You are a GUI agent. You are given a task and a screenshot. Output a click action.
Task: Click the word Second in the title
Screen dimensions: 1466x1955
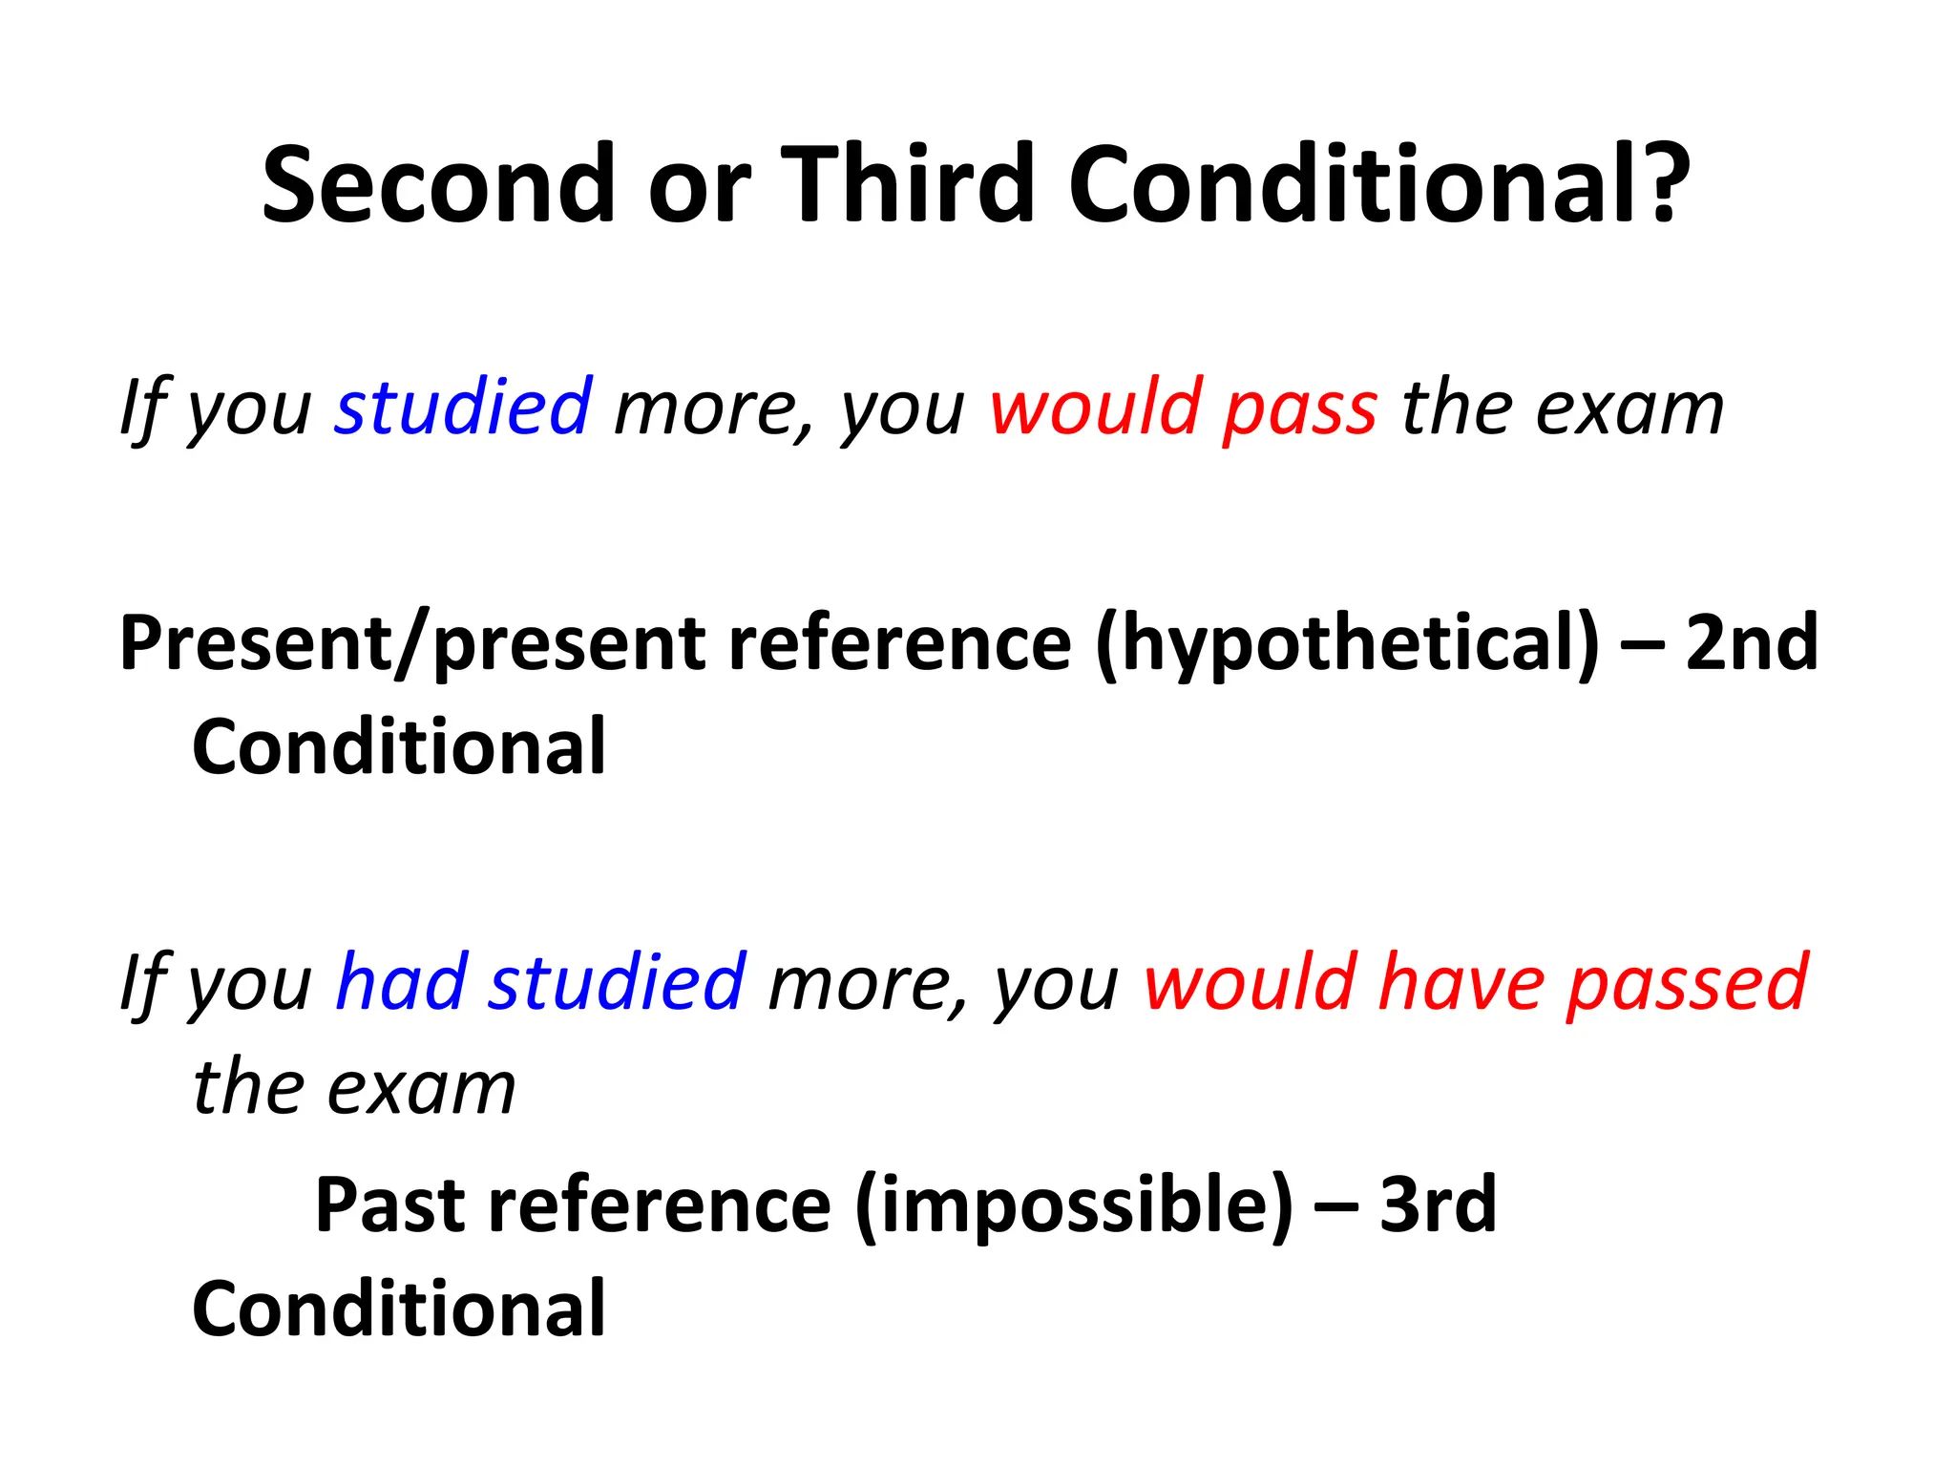pos(438,183)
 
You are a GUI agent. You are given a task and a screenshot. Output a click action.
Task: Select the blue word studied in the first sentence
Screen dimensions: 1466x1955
pos(463,408)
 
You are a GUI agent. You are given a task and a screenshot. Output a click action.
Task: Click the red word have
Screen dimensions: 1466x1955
pos(1461,982)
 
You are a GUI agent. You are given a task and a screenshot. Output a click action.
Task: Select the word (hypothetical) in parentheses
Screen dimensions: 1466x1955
pos(1347,644)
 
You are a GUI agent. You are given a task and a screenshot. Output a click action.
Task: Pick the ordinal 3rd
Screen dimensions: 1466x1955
pos(1439,1204)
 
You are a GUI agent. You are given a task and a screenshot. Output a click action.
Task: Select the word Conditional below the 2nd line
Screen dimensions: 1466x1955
pos(399,746)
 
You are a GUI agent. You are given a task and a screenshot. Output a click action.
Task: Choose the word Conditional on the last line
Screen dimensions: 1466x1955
pos(399,1309)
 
